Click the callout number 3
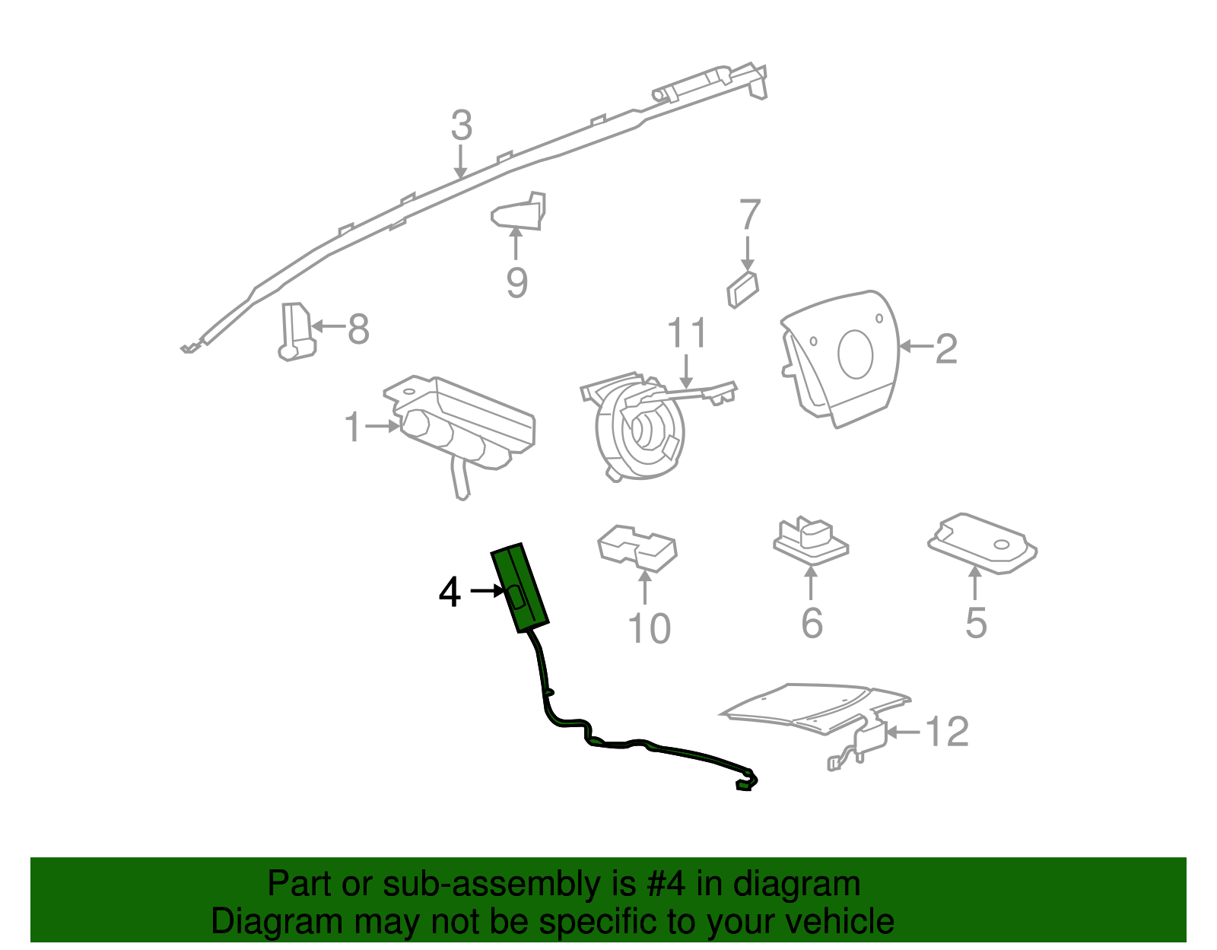click(462, 126)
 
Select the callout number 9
click(516, 283)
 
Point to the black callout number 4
click(450, 593)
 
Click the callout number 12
click(948, 731)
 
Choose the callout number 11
click(688, 333)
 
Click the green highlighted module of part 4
click(520, 588)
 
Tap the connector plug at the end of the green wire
click(744, 786)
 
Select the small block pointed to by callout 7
click(742, 290)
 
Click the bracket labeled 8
click(297, 332)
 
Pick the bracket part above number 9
click(519, 211)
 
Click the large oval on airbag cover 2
click(855, 354)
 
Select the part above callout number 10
click(637, 548)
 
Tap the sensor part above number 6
click(810, 540)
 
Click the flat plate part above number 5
click(982, 543)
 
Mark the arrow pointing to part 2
click(917, 347)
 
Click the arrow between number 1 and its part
click(382, 427)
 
